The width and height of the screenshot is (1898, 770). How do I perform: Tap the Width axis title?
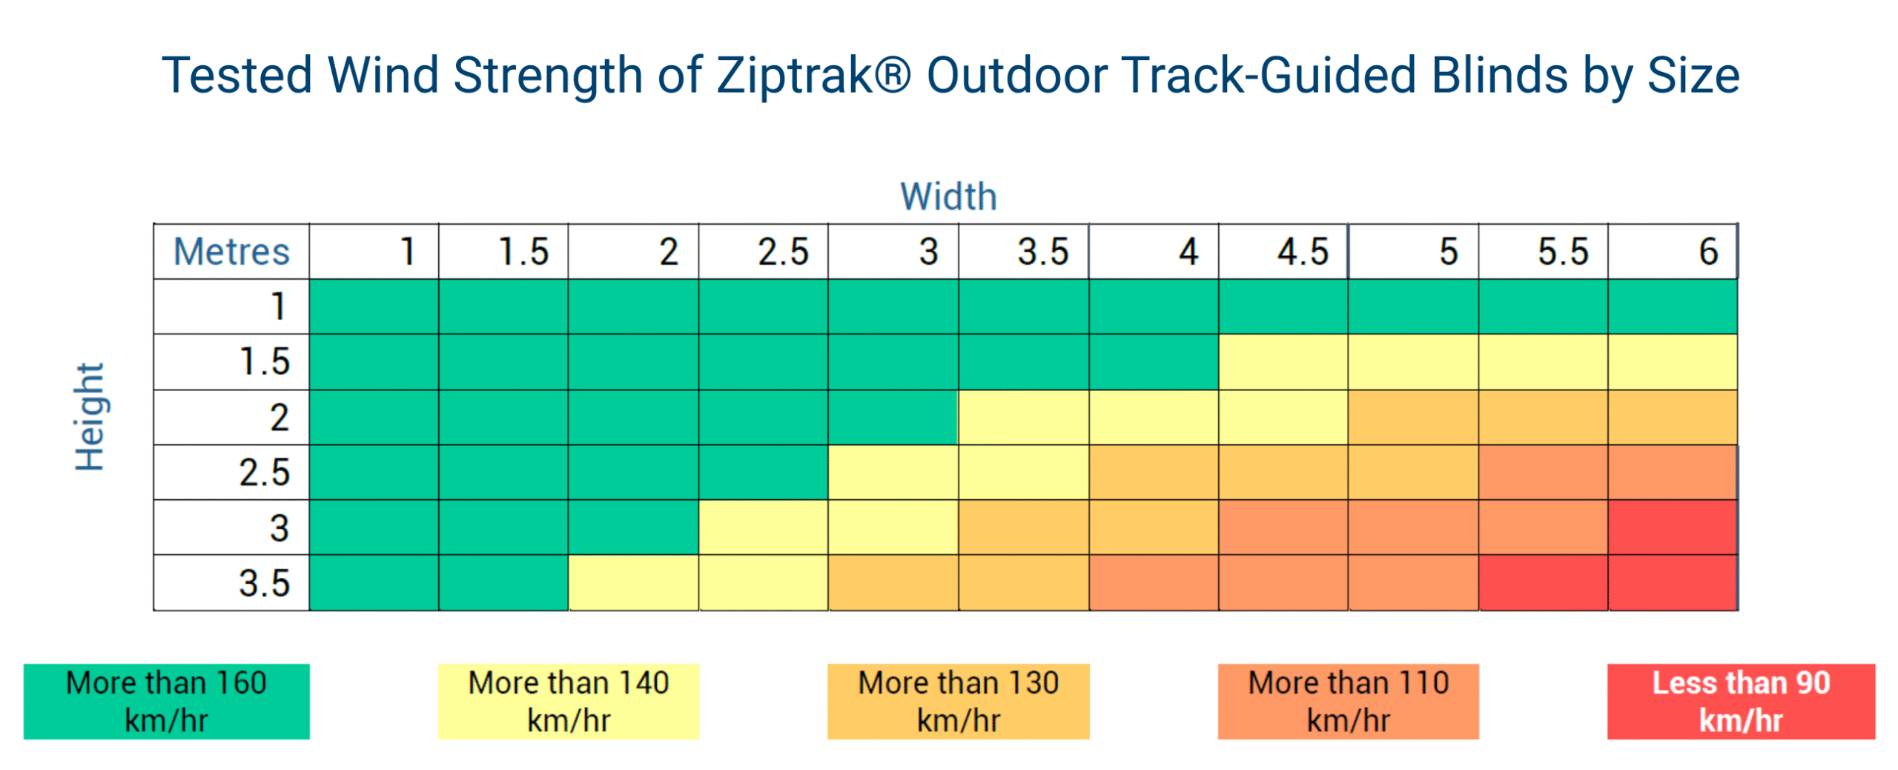(x=948, y=197)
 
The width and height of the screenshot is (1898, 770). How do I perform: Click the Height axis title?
(x=90, y=416)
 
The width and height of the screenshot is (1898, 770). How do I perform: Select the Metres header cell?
(x=231, y=251)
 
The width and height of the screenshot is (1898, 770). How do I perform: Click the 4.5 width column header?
(x=1282, y=251)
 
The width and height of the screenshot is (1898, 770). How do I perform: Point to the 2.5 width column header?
(x=762, y=251)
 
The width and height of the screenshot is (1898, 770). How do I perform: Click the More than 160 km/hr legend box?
(x=166, y=700)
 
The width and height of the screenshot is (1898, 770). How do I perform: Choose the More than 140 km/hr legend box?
(x=568, y=700)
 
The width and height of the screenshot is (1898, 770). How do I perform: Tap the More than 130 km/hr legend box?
(x=958, y=700)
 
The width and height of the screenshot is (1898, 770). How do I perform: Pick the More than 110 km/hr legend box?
(x=1347, y=700)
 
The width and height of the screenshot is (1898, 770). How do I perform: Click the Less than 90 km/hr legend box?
(x=1740, y=700)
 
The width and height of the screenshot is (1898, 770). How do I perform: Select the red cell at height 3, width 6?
(x=1672, y=527)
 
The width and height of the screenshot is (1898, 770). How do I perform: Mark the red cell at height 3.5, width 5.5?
(x=1542, y=582)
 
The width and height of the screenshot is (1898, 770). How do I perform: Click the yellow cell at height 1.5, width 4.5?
(x=1282, y=361)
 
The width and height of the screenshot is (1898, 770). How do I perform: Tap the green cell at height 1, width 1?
(x=373, y=306)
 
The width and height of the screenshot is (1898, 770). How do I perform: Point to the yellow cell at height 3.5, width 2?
(x=632, y=582)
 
